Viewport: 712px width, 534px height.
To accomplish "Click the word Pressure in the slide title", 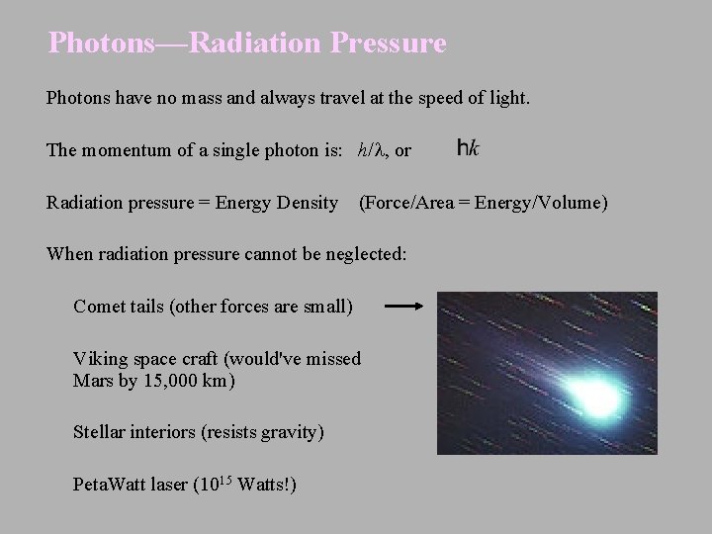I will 391,44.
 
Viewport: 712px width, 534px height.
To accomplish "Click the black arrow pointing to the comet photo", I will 403,307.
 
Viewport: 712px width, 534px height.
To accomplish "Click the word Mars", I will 94,380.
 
